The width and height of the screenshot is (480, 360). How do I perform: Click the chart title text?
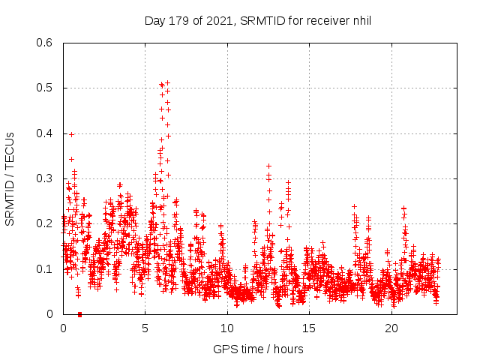[258, 21]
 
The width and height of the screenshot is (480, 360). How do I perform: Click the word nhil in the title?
[361, 21]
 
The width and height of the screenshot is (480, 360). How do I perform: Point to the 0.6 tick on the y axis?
[45, 43]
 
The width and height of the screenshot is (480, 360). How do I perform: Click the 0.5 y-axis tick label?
[45, 88]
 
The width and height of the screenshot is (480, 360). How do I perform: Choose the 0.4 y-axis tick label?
[45, 133]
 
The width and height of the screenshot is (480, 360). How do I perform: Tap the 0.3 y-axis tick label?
[45, 178]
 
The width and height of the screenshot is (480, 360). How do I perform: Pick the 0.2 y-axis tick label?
[45, 223]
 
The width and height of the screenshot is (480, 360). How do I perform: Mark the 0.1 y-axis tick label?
[45, 268]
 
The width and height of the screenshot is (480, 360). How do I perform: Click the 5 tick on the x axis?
[145, 328]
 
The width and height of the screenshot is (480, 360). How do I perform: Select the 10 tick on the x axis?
[227, 328]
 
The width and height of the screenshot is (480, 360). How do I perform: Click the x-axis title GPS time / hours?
[258, 349]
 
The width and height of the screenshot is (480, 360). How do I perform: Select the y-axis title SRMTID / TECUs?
[10, 178]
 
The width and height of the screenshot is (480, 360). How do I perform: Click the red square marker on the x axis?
[79, 313]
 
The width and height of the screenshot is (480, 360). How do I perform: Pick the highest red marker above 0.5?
[167, 82]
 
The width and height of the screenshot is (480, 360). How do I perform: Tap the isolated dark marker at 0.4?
[71, 134]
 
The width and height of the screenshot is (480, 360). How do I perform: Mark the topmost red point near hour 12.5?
[268, 166]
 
